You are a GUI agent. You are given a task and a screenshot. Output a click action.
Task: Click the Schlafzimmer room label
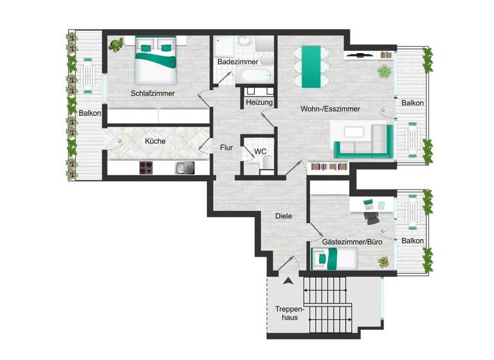(153, 93)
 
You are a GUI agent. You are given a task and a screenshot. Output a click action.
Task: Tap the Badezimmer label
(237, 62)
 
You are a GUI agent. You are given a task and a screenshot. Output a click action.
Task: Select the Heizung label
(260, 103)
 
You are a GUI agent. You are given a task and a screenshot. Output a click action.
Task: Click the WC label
(261, 152)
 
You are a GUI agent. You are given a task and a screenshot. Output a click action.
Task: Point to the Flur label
(226, 147)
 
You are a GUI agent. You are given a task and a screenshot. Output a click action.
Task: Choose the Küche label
(155, 141)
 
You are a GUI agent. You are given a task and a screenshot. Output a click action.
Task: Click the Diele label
(284, 217)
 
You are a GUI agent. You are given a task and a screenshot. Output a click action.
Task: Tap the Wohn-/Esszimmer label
(330, 109)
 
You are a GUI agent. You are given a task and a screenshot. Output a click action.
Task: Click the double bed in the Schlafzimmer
(156, 60)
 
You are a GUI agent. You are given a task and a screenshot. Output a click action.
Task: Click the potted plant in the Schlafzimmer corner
(117, 45)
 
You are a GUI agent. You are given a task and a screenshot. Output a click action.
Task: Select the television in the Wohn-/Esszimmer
(358, 55)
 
